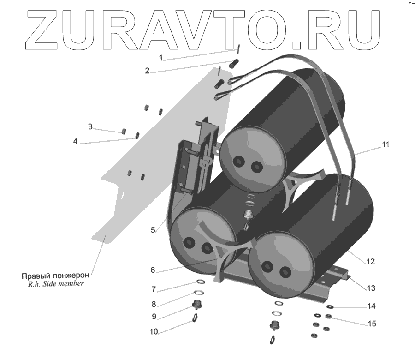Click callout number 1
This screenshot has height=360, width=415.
(161, 58)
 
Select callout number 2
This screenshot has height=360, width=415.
(147, 71)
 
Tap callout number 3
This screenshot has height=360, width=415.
(91, 126)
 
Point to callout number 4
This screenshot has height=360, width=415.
(75, 142)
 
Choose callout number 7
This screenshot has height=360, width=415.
(154, 289)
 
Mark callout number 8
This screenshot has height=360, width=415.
(154, 304)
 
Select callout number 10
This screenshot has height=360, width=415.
(154, 331)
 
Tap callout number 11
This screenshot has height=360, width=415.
(385, 144)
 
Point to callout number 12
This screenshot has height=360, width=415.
(370, 262)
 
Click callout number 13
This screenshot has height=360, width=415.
(371, 288)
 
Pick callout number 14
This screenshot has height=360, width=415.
(372, 306)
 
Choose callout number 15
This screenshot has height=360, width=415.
(372, 324)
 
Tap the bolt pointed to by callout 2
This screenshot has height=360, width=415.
(233, 62)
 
